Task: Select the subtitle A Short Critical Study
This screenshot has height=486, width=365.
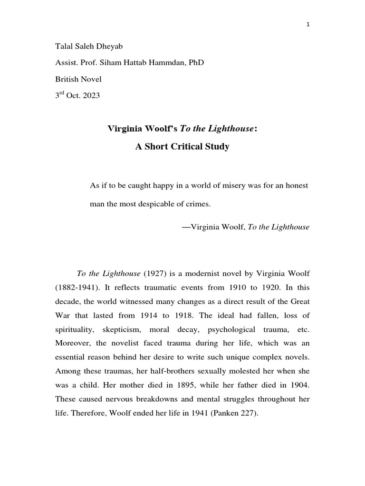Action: (x=182, y=147)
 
